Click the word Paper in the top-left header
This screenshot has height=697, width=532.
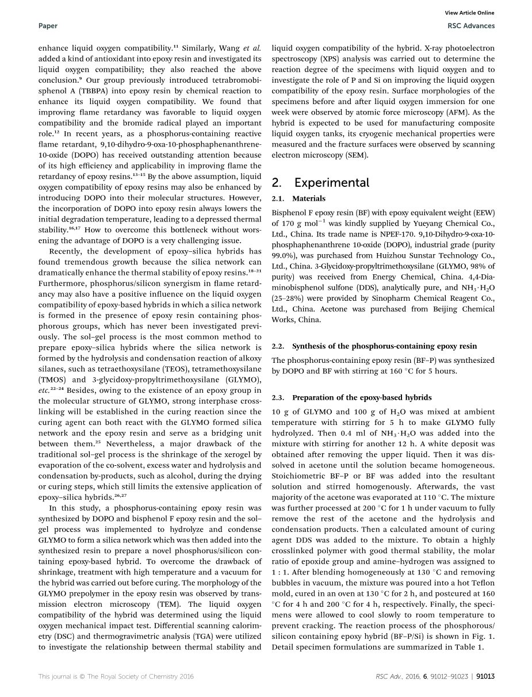point(46,26)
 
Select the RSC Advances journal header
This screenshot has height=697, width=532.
point(470,26)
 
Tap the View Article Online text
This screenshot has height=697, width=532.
point(470,13)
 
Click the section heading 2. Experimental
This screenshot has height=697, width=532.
point(321,182)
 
